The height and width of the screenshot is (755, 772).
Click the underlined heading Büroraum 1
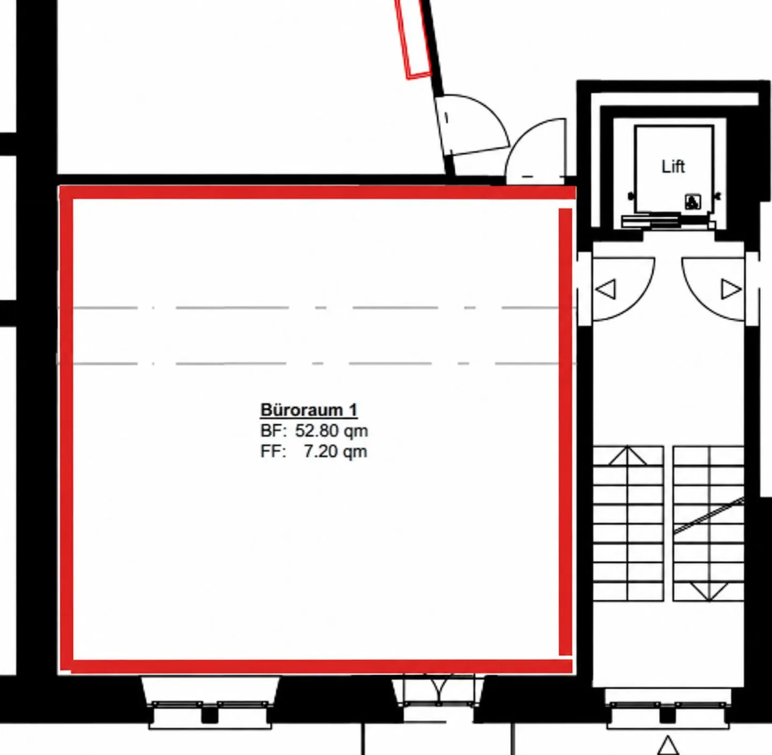(x=309, y=410)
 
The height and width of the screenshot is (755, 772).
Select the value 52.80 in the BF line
(x=317, y=431)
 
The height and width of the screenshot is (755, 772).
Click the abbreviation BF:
(x=273, y=431)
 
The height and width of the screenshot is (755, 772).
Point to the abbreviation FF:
(x=273, y=452)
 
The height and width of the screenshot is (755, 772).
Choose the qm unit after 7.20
(x=355, y=453)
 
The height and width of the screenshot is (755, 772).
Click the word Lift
(x=673, y=167)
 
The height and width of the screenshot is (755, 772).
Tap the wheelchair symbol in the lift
(x=693, y=202)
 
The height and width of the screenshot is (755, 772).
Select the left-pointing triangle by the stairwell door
(x=606, y=289)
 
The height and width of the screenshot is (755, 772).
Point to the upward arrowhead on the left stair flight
(x=627, y=455)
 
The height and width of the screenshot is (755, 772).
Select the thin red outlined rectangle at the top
(x=414, y=39)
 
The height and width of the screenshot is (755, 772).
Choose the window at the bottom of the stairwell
(x=668, y=710)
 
